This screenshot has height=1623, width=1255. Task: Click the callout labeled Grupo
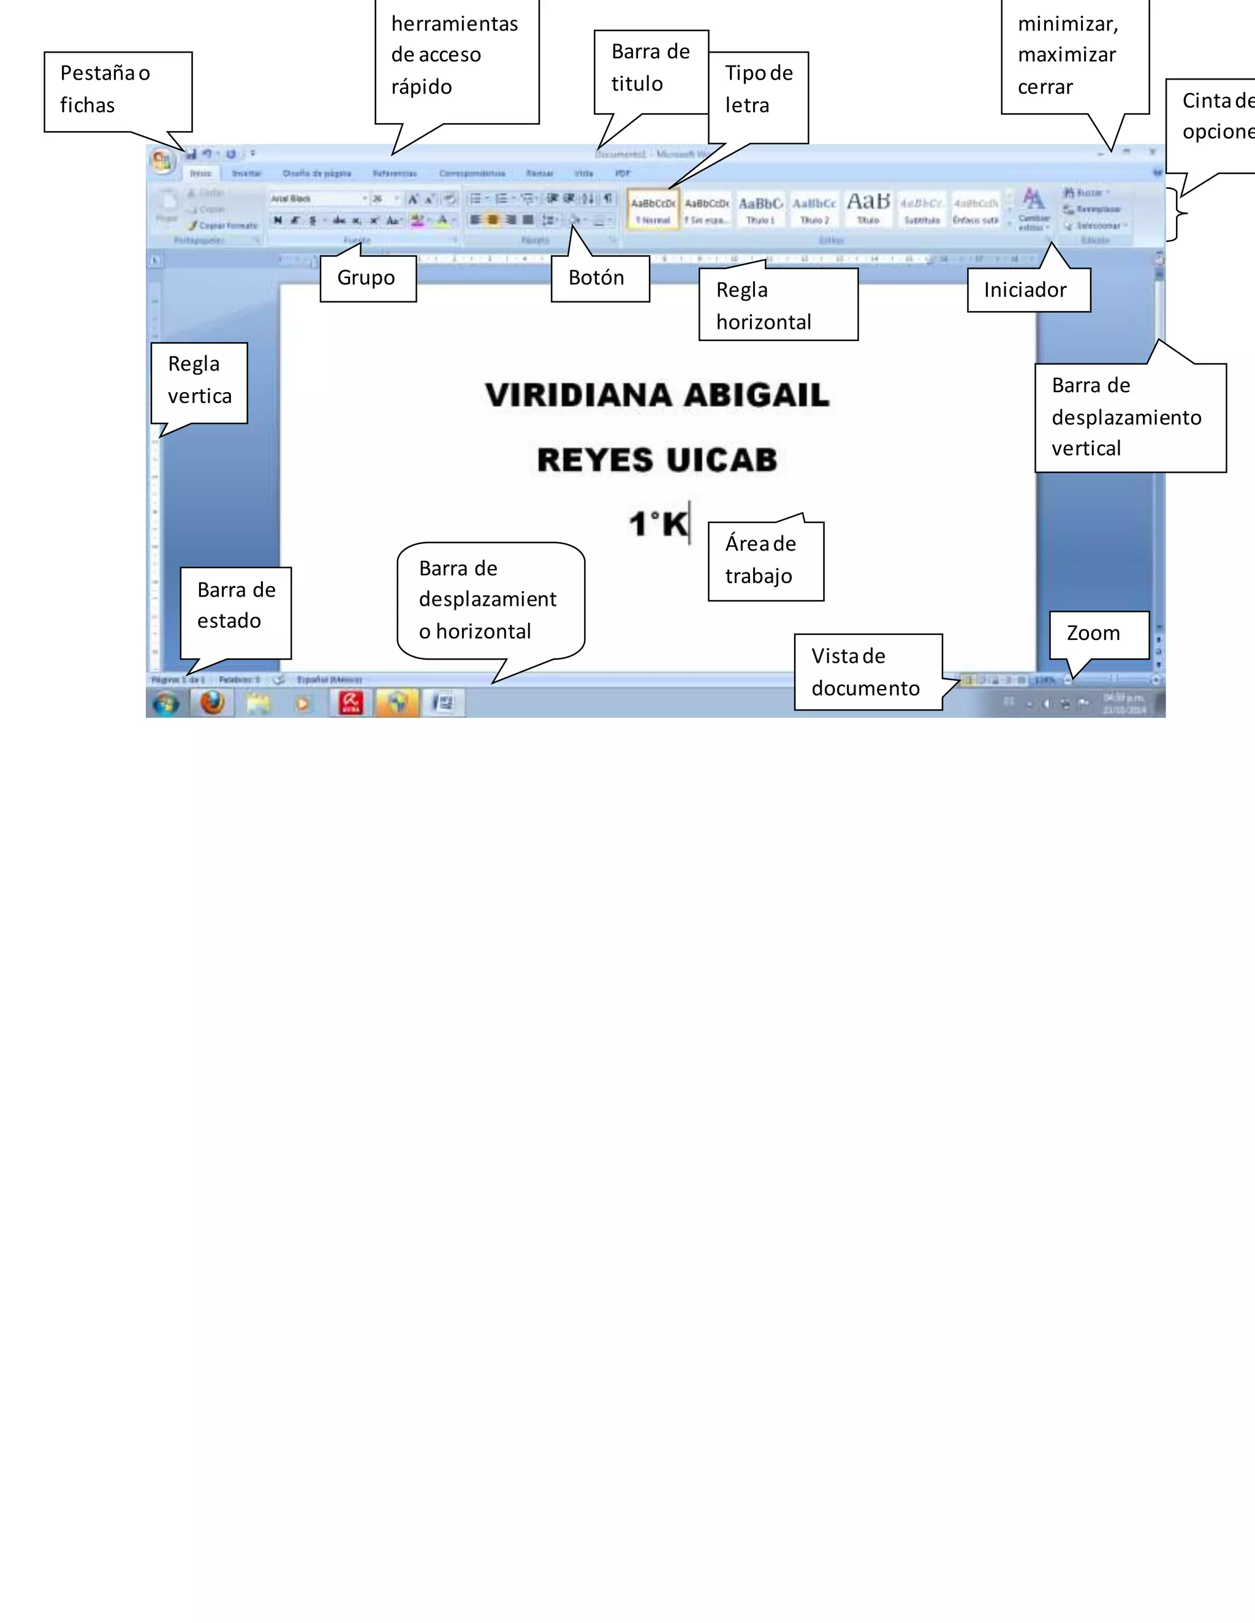point(367,278)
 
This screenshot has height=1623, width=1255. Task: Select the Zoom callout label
point(1098,634)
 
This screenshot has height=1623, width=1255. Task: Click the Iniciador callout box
point(1028,290)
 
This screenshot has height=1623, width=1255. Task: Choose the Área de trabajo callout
point(765,560)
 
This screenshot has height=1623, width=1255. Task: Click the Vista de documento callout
point(867,672)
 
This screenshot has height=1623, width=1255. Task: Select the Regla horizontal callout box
point(777,304)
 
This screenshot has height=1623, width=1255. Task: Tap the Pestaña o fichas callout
point(118,91)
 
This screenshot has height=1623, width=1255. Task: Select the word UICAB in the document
point(721,460)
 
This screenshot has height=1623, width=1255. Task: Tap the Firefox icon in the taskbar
point(213,702)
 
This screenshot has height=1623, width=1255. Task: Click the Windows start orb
point(166,703)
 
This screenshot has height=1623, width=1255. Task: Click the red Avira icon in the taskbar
point(351,702)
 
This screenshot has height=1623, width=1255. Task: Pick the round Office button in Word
point(162,160)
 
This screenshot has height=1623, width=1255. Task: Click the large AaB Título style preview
point(868,208)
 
